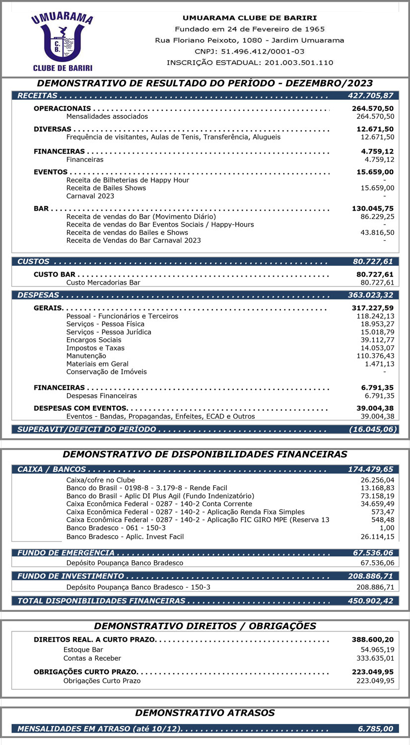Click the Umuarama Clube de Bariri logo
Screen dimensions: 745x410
[62, 41]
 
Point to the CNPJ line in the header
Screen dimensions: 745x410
[250, 51]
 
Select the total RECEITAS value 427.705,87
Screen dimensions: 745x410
[370, 95]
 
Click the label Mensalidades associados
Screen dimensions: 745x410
[107, 116]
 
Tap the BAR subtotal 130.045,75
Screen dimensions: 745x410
[373, 209]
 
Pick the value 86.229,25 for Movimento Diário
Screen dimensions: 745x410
[377, 217]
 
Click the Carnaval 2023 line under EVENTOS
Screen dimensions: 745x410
[90, 196]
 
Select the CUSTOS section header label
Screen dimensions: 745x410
[33, 261]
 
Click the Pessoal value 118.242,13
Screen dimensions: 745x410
[375, 316]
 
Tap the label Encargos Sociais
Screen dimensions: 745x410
[93, 340]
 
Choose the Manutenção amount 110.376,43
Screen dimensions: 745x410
[375, 356]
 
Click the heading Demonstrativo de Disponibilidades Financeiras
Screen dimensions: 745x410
[205, 454]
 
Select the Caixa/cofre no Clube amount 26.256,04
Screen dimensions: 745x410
[377, 480]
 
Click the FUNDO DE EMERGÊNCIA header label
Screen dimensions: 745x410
[66, 553]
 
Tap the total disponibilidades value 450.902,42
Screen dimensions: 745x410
[370, 600]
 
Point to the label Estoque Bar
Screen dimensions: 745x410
[83, 650]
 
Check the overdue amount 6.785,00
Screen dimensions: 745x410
[375, 729]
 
